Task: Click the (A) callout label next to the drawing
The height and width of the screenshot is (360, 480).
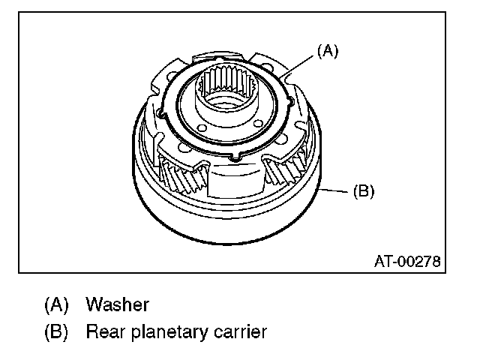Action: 328,52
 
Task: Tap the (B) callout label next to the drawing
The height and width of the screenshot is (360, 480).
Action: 363,192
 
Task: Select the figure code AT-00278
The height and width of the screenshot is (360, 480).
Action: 406,262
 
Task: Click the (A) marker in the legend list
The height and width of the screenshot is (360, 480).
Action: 56,305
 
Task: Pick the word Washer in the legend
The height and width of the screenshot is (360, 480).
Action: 117,305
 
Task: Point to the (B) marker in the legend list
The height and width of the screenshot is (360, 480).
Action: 56,331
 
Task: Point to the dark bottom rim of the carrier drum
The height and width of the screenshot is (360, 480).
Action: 225,225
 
